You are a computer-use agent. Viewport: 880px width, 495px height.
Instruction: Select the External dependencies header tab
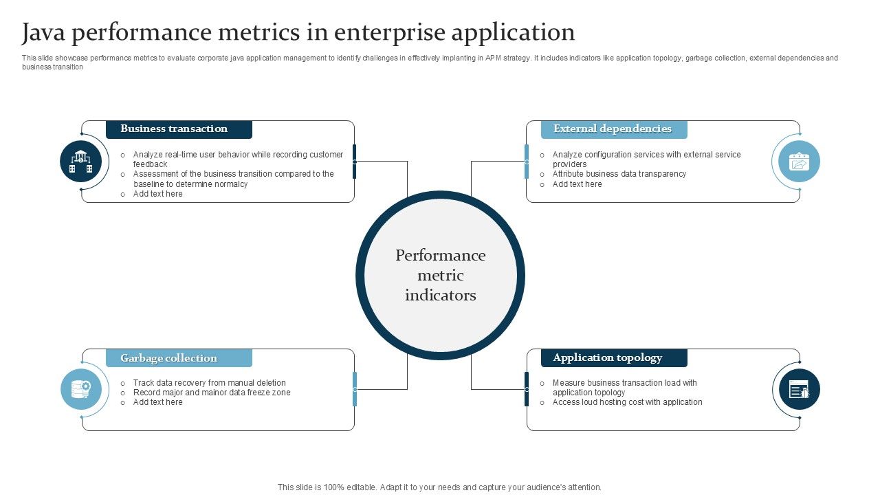(613, 129)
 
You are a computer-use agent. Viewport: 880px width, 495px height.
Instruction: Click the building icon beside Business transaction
(81, 162)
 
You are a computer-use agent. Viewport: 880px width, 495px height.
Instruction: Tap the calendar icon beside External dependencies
(799, 162)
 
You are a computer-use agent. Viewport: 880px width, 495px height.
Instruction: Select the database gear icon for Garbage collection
(81, 389)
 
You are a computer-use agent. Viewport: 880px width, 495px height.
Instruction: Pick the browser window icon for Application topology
(799, 390)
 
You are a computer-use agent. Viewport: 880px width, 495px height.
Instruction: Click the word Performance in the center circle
(440, 256)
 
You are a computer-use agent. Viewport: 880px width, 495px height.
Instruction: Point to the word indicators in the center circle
(440, 296)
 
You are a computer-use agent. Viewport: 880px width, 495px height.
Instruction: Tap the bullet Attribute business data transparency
(619, 174)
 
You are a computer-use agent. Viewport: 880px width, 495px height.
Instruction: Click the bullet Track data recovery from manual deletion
(209, 383)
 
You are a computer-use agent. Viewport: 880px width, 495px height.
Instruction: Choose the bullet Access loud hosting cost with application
(627, 402)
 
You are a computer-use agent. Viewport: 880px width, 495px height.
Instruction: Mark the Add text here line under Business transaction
(157, 194)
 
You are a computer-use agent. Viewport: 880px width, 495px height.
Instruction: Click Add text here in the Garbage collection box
(157, 402)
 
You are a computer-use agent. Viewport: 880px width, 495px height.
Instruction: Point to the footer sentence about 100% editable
(439, 487)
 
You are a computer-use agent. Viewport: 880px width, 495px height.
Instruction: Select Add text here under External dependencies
(577, 184)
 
